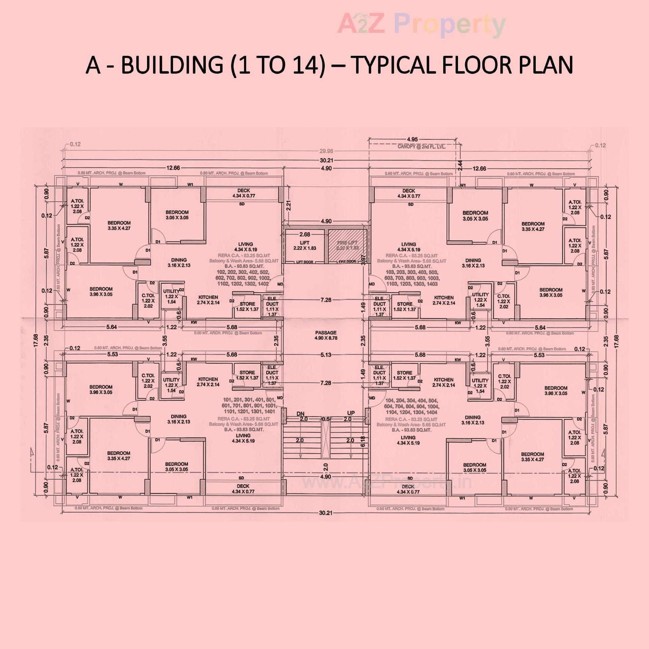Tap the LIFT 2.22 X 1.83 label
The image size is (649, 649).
[305, 245]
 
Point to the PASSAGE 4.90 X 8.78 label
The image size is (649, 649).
[326, 335]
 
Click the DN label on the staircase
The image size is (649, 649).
[301, 414]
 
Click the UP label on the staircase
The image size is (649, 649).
[351, 413]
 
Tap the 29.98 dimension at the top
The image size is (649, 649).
[326, 151]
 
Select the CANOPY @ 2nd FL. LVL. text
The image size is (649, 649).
[421, 147]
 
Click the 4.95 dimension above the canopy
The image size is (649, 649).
[412, 139]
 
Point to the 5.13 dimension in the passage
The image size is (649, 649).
[326, 355]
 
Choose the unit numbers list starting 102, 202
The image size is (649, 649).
[243, 278]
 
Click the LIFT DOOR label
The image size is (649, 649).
[305, 262]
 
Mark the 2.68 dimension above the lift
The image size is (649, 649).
[305, 234]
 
